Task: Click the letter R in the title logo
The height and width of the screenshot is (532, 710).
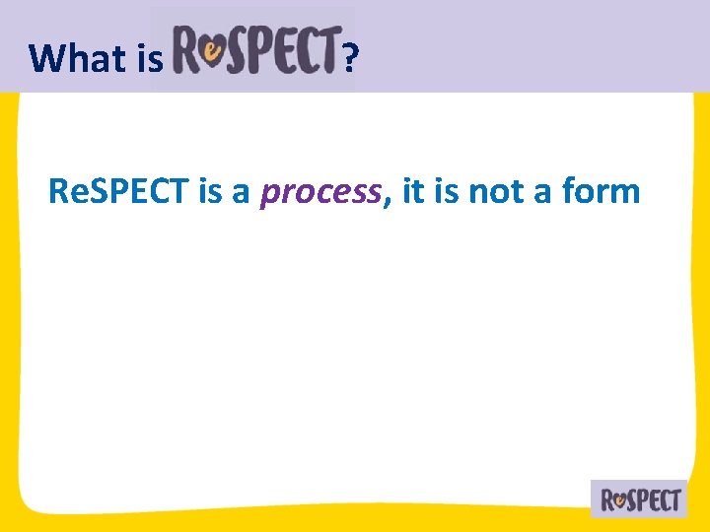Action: click(188, 50)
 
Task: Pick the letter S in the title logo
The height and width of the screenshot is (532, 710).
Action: click(241, 50)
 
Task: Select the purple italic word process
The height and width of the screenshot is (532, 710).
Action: click(319, 192)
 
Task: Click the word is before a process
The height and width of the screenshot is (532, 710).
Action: click(210, 191)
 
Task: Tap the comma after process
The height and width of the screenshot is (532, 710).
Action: click(387, 200)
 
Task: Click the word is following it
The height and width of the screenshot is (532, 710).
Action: click(447, 191)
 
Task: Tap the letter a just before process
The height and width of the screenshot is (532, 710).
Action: click(242, 194)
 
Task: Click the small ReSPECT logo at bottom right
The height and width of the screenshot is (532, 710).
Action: click(639, 499)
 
